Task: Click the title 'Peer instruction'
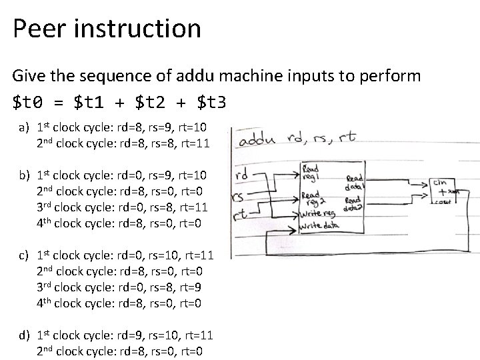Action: coord(107,29)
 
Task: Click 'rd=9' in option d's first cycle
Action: coord(131,336)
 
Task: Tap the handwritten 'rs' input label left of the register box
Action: coord(237,197)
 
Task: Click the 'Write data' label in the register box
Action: coord(319,227)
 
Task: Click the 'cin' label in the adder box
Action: coord(440,181)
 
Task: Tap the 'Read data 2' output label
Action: coord(353,203)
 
